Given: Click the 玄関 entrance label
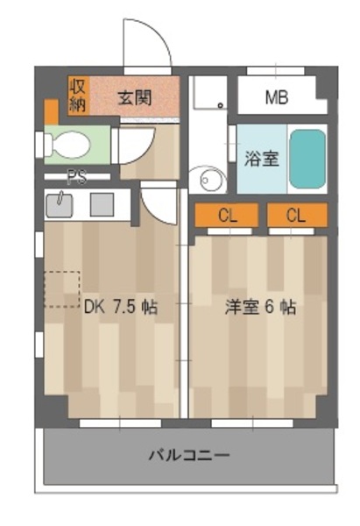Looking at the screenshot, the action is pyautogui.click(x=134, y=98).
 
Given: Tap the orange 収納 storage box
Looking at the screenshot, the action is pyautogui.click(x=79, y=96).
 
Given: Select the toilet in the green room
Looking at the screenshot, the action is pyautogui.click(x=68, y=145).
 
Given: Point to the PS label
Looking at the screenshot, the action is pyautogui.click(x=77, y=177).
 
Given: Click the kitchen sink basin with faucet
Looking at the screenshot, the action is pyautogui.click(x=60, y=204).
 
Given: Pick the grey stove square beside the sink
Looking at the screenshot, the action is pyautogui.click(x=102, y=204).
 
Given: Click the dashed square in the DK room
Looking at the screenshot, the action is pyautogui.click(x=62, y=289).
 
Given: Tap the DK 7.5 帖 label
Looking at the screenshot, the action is pyautogui.click(x=120, y=307).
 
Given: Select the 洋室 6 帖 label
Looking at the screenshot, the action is pyautogui.click(x=260, y=307).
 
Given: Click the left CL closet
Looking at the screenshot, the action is pyautogui.click(x=227, y=215).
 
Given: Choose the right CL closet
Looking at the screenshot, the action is pyautogui.click(x=297, y=215).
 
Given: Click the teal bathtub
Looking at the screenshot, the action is pyautogui.click(x=307, y=159).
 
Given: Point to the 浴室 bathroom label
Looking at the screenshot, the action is pyautogui.click(x=261, y=159).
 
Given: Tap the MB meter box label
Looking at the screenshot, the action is pyautogui.click(x=277, y=97).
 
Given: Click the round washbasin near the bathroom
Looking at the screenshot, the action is pyautogui.click(x=208, y=180).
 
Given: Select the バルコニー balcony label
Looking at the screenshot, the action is pyautogui.click(x=189, y=456).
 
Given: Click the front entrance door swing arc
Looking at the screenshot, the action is pyautogui.click(x=157, y=33).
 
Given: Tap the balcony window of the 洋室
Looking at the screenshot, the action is pyautogui.click(x=252, y=423).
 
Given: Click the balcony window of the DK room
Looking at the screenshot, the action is pyautogui.click(x=120, y=423).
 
